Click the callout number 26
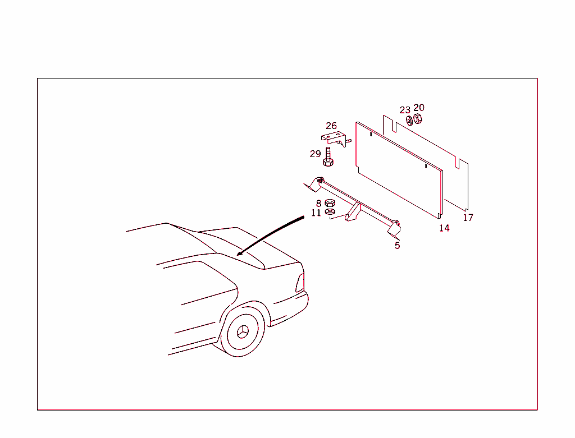point(331,126)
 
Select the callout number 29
point(315,154)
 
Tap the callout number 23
point(405,110)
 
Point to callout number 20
point(419,108)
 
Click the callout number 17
point(468,218)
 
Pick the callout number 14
point(444,228)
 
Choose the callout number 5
point(397,245)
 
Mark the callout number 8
point(318,204)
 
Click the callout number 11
point(316,213)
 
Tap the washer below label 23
point(409,119)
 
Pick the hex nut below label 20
point(417,118)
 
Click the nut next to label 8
point(330,203)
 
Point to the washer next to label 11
point(330,211)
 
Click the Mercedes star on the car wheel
point(243,331)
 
